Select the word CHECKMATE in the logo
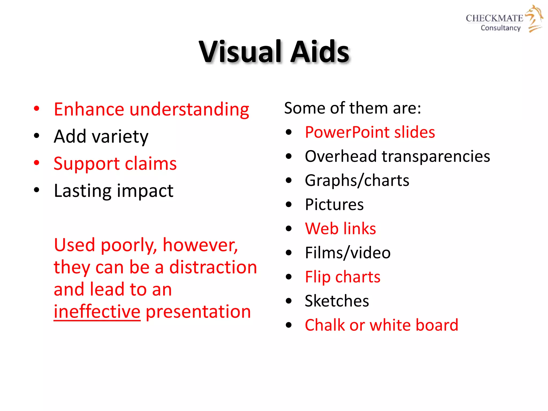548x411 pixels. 494,18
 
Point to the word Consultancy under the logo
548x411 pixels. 500,28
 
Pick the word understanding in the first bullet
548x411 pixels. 189,109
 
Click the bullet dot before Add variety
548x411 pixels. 37,136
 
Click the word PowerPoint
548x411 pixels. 347,132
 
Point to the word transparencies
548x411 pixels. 436,156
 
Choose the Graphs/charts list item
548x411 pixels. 357,181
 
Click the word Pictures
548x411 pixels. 334,204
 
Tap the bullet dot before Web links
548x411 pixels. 288,229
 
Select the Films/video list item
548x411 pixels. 348,253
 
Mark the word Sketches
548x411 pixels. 337,301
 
